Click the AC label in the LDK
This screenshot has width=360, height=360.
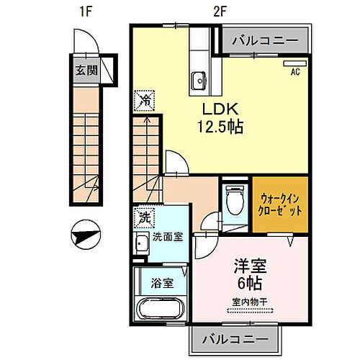pos(295,72)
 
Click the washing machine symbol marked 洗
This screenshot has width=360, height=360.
pos(144,215)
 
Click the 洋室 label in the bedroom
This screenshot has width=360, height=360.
pos(248,266)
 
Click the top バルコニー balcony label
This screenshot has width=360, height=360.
pos(264,41)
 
